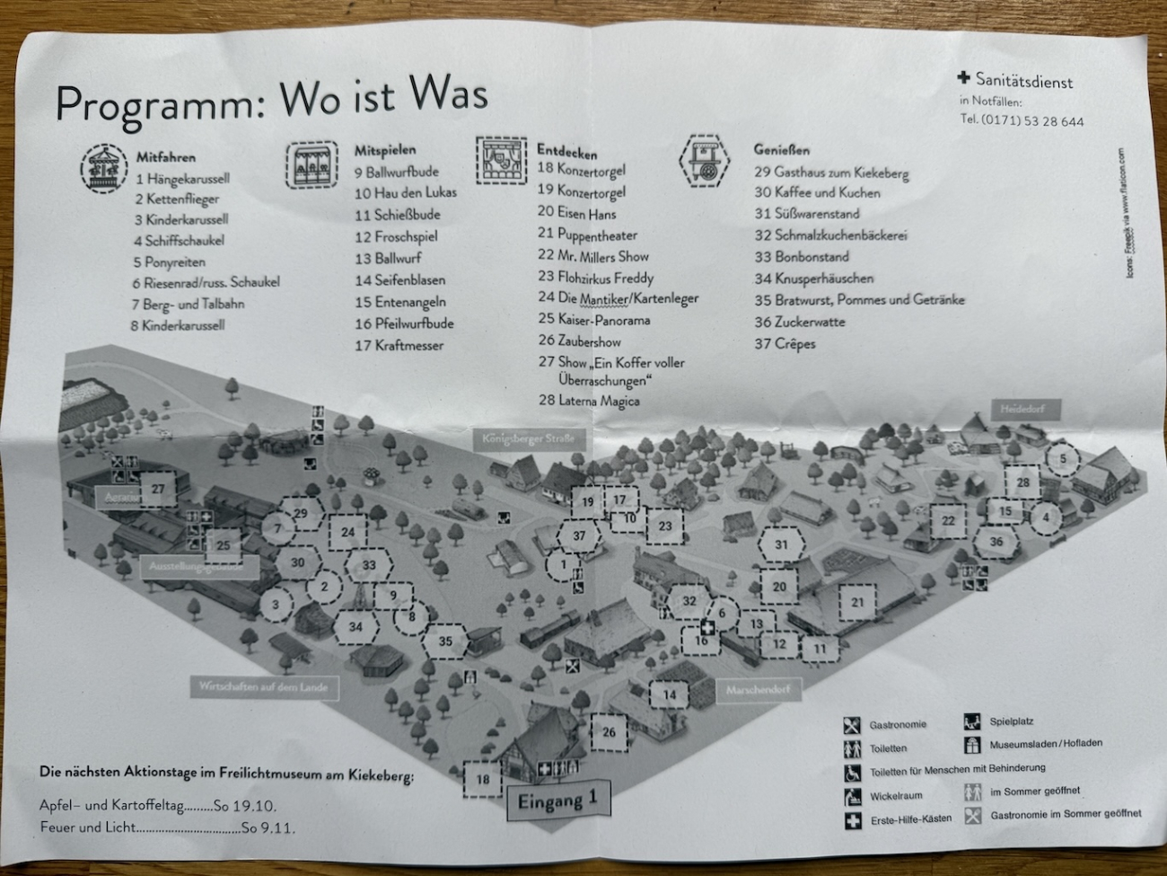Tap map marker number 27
(x=158, y=489)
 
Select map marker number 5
(x=1063, y=458)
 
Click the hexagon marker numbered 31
(x=781, y=544)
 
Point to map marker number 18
(x=483, y=779)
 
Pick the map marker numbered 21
(x=857, y=602)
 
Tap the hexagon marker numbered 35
(x=444, y=641)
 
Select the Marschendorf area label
(x=759, y=690)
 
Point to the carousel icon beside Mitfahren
(x=104, y=167)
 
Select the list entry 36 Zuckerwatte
(x=799, y=322)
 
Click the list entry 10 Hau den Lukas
(x=405, y=192)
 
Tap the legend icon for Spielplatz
(x=972, y=721)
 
